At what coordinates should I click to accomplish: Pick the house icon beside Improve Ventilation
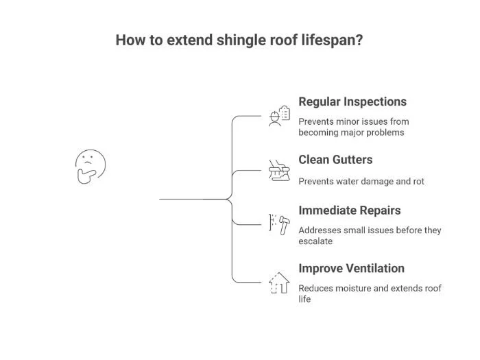(278, 282)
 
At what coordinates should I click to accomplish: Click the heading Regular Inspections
(352, 101)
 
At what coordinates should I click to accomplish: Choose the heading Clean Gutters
(335, 159)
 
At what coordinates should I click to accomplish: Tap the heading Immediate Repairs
(350, 211)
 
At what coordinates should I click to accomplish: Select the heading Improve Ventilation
(351, 268)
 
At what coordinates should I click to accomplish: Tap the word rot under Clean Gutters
(417, 182)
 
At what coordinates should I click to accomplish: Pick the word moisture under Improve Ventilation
(358, 288)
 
